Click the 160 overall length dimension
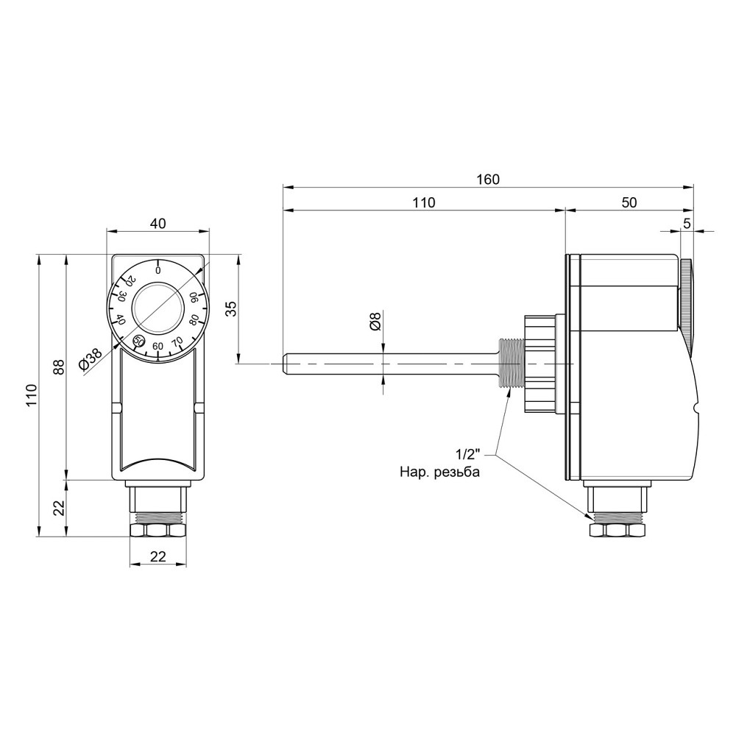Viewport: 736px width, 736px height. point(488,180)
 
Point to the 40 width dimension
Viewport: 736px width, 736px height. point(158,224)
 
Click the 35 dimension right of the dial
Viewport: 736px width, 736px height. point(230,309)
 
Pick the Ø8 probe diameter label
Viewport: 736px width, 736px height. point(375,322)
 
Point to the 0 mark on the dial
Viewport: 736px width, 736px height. point(158,271)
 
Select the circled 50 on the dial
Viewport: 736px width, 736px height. point(138,341)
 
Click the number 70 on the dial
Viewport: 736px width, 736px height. point(177,342)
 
